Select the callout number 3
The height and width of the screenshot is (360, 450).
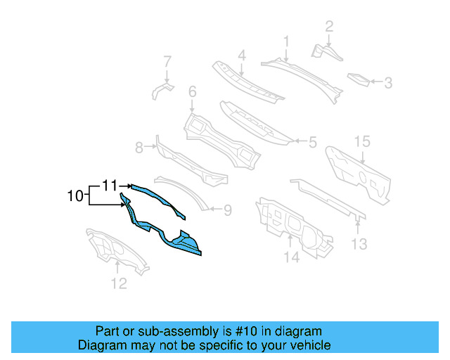point(387,83)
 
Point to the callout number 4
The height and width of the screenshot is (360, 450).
point(241,55)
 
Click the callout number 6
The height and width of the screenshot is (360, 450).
point(192,91)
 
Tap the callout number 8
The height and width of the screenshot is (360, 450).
point(139,147)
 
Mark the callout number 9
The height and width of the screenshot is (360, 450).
point(227,209)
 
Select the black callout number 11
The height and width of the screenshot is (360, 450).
point(109,186)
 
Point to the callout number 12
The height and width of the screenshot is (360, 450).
point(118,283)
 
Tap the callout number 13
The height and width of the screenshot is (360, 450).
point(359,244)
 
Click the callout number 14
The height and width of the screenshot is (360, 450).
point(291,258)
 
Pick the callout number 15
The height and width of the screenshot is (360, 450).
point(361,142)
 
